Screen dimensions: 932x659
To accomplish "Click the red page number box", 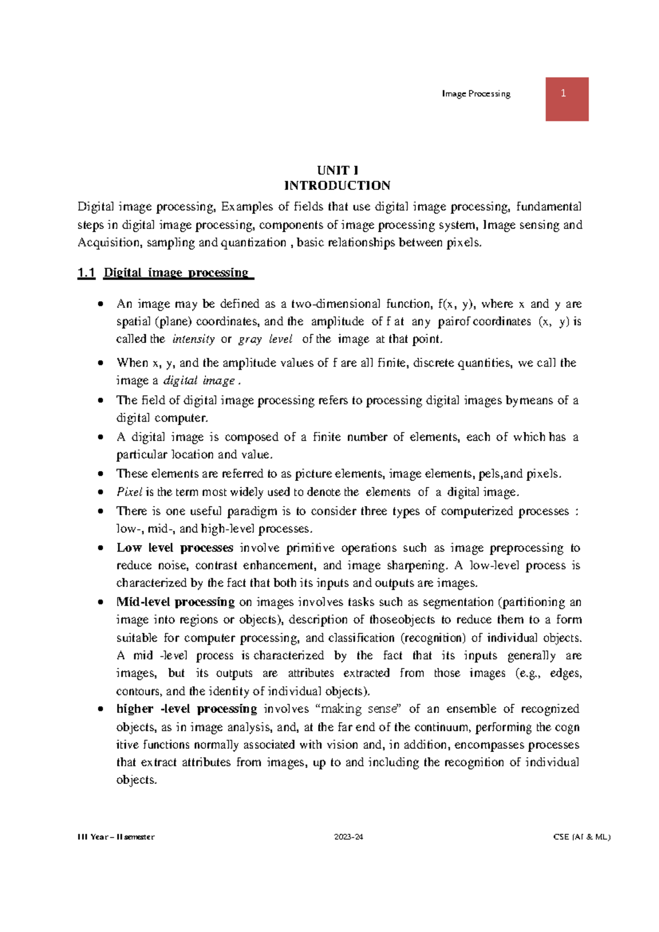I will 567,99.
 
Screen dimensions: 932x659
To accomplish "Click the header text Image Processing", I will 476,94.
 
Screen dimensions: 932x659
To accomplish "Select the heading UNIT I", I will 337,170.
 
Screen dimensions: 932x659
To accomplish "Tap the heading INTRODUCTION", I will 337,186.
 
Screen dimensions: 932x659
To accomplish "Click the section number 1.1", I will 86,273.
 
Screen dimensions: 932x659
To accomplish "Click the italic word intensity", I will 193,339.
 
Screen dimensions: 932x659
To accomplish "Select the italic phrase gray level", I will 265,339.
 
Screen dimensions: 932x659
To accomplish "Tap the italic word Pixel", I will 130,492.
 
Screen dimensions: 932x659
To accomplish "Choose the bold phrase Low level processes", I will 175,548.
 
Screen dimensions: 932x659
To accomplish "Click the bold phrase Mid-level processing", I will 175,602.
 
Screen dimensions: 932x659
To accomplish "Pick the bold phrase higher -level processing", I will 186,709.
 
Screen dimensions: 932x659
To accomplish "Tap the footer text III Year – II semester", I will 116,837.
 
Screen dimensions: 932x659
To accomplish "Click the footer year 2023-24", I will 349,837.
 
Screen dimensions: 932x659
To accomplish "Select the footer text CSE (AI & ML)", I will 582,837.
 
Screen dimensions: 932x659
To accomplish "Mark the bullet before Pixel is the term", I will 100,492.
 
